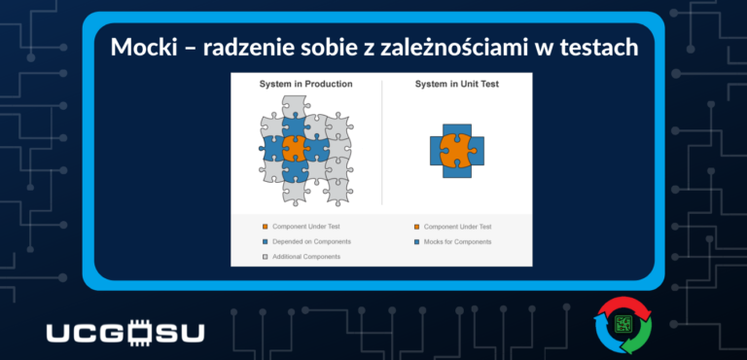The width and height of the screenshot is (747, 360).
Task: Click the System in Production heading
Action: tap(305, 85)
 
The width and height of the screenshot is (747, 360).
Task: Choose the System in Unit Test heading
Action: tap(457, 85)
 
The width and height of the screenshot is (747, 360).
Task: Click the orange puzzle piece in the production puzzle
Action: tap(295, 149)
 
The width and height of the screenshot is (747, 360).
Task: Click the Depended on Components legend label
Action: tap(311, 241)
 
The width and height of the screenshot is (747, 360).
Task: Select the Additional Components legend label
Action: tap(306, 256)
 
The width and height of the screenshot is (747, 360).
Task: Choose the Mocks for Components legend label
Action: tap(458, 241)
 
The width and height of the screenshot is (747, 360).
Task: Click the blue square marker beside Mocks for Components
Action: tap(416, 241)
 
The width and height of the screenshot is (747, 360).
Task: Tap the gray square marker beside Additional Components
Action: tap(265, 256)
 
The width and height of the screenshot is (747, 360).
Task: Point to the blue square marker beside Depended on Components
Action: tap(265, 241)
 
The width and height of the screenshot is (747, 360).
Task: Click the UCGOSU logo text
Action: tap(125, 333)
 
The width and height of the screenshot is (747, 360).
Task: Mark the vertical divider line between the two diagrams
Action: tap(381, 146)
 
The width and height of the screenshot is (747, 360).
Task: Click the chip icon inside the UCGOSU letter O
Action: tap(136, 333)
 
